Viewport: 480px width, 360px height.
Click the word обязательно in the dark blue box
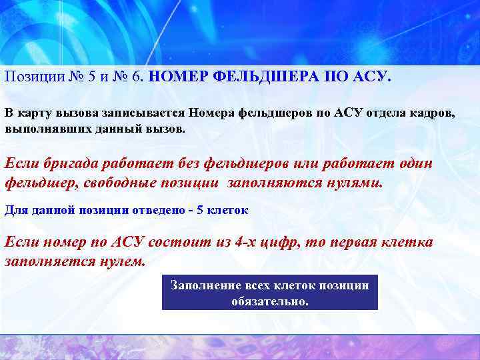click(x=270, y=301)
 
